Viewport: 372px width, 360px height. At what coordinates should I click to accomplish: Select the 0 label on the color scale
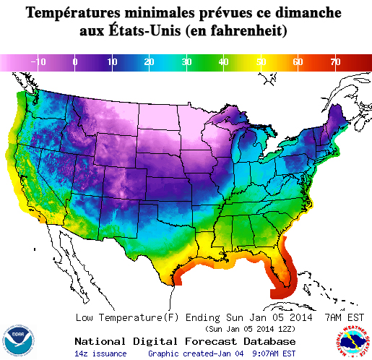(x=75, y=63)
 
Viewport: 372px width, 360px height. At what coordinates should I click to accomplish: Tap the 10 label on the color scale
(x=112, y=63)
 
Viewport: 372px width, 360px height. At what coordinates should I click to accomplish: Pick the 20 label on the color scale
(x=149, y=63)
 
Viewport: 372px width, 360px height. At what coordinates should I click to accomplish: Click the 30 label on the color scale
(x=186, y=63)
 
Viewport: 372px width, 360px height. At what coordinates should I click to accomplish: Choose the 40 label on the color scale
(x=223, y=63)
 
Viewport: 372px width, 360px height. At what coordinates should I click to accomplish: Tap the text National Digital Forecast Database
(x=185, y=341)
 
